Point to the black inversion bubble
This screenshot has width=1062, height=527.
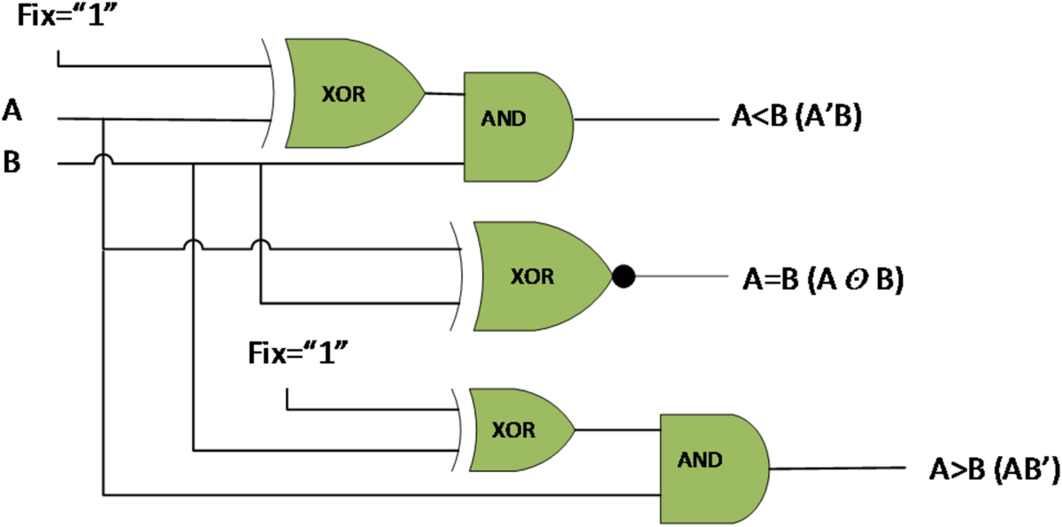624,277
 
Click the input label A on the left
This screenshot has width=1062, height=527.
13,111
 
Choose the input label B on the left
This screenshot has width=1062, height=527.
12,164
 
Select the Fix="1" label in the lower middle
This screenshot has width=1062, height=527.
296,357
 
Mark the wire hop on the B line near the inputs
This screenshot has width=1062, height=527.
104,159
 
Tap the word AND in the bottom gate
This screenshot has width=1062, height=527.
700,461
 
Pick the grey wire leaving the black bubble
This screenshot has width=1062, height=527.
681,276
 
